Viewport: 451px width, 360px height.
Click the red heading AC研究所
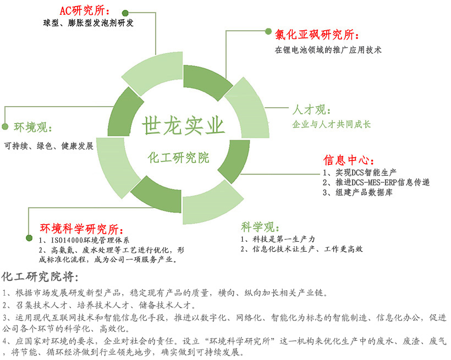(x=82, y=11)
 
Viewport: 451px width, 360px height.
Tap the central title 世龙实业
(x=183, y=126)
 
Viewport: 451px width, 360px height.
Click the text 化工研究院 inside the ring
(x=178, y=158)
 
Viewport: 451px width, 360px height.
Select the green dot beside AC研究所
(x=125, y=13)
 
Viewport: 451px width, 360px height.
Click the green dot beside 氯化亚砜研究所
(x=268, y=31)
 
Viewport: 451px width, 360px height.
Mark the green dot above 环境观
(x=5, y=126)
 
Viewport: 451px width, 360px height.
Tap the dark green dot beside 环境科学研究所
(x=29, y=238)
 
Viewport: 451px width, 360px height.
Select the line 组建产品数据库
(x=364, y=192)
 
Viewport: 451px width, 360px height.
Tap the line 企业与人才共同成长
(x=332, y=124)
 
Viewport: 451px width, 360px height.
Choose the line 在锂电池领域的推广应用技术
(x=328, y=50)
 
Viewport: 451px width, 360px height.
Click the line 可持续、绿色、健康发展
(x=49, y=146)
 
